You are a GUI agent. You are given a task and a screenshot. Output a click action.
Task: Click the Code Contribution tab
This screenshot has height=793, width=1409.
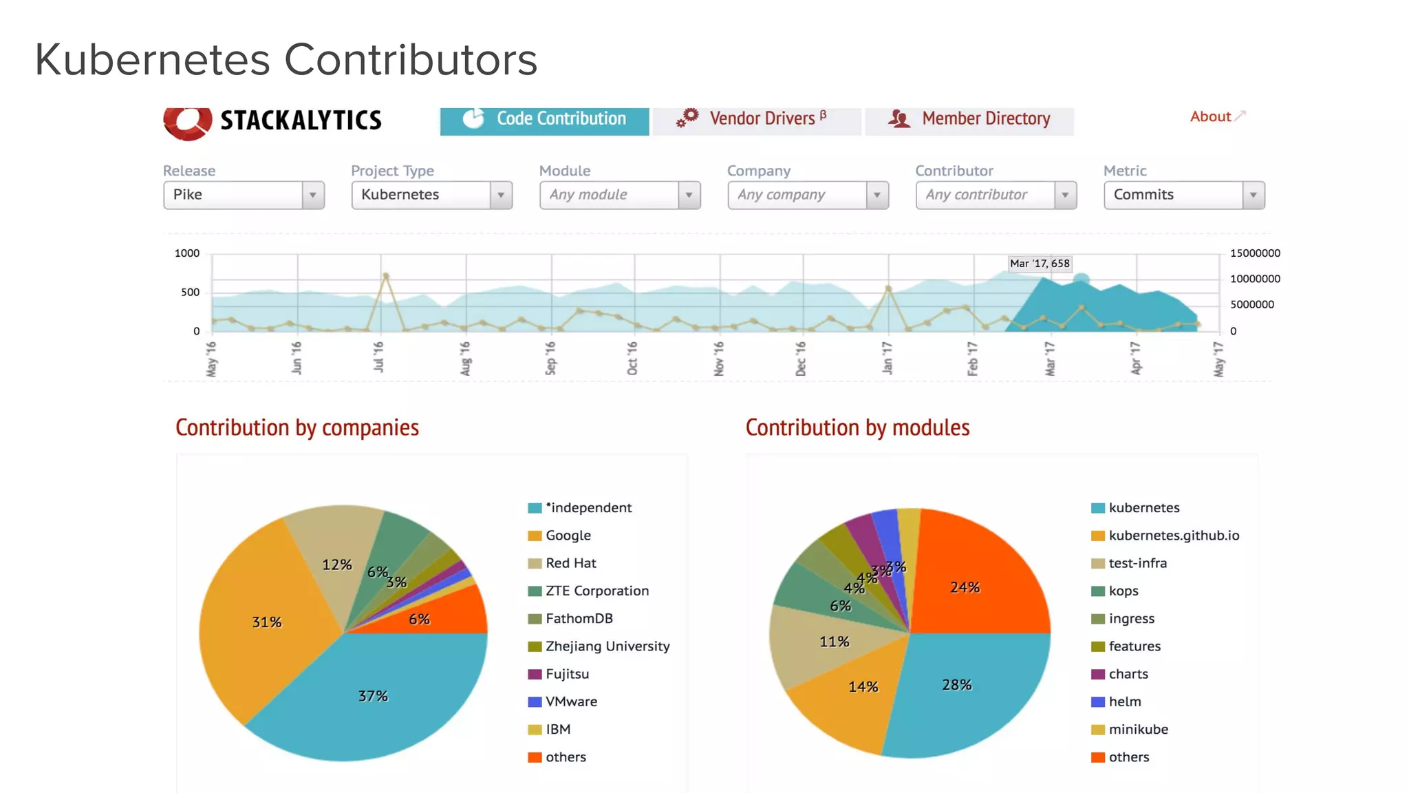(x=544, y=119)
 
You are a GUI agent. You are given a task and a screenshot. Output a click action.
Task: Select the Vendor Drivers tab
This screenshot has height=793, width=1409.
(x=757, y=119)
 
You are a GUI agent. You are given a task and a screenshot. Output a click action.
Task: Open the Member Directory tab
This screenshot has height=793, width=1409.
(x=969, y=119)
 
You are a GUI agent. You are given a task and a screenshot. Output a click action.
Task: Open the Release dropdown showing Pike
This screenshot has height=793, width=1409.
(x=244, y=195)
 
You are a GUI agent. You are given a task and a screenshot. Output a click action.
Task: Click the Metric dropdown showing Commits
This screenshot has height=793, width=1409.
(x=1183, y=195)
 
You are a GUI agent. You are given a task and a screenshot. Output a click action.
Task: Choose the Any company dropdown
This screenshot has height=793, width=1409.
(x=808, y=195)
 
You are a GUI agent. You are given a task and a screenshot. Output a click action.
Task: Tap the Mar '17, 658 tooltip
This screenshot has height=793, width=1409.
(x=1039, y=263)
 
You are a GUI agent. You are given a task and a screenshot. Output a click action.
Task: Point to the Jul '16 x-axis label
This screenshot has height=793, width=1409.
(x=378, y=357)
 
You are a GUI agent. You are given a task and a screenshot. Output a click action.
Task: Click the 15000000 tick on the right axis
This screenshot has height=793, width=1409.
(x=1255, y=253)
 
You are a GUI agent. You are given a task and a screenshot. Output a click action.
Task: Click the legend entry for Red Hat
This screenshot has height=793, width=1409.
(x=570, y=563)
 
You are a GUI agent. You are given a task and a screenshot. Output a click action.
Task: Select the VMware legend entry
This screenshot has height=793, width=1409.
(x=571, y=701)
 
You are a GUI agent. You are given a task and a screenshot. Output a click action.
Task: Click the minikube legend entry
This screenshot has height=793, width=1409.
(x=1137, y=729)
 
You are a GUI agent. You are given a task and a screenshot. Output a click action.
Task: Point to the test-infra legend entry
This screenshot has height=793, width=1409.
(x=1137, y=563)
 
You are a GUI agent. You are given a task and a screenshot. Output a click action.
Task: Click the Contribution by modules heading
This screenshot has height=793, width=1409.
(x=857, y=427)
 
